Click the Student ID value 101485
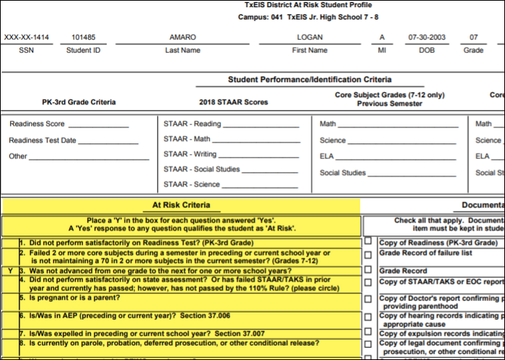click(84, 37)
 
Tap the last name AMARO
click(182, 37)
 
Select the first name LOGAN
click(309, 37)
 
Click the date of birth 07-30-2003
click(423, 37)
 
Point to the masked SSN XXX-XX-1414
click(27, 37)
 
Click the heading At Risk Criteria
click(181, 205)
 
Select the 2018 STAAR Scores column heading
click(233, 102)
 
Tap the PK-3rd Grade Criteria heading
click(79, 102)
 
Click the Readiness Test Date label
click(43, 140)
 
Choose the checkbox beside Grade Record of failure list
click(368, 254)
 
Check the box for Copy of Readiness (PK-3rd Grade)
click(368, 242)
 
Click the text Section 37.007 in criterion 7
click(239, 333)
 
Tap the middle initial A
click(382, 37)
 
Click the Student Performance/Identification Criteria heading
click(310, 80)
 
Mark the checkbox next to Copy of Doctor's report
click(368, 298)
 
